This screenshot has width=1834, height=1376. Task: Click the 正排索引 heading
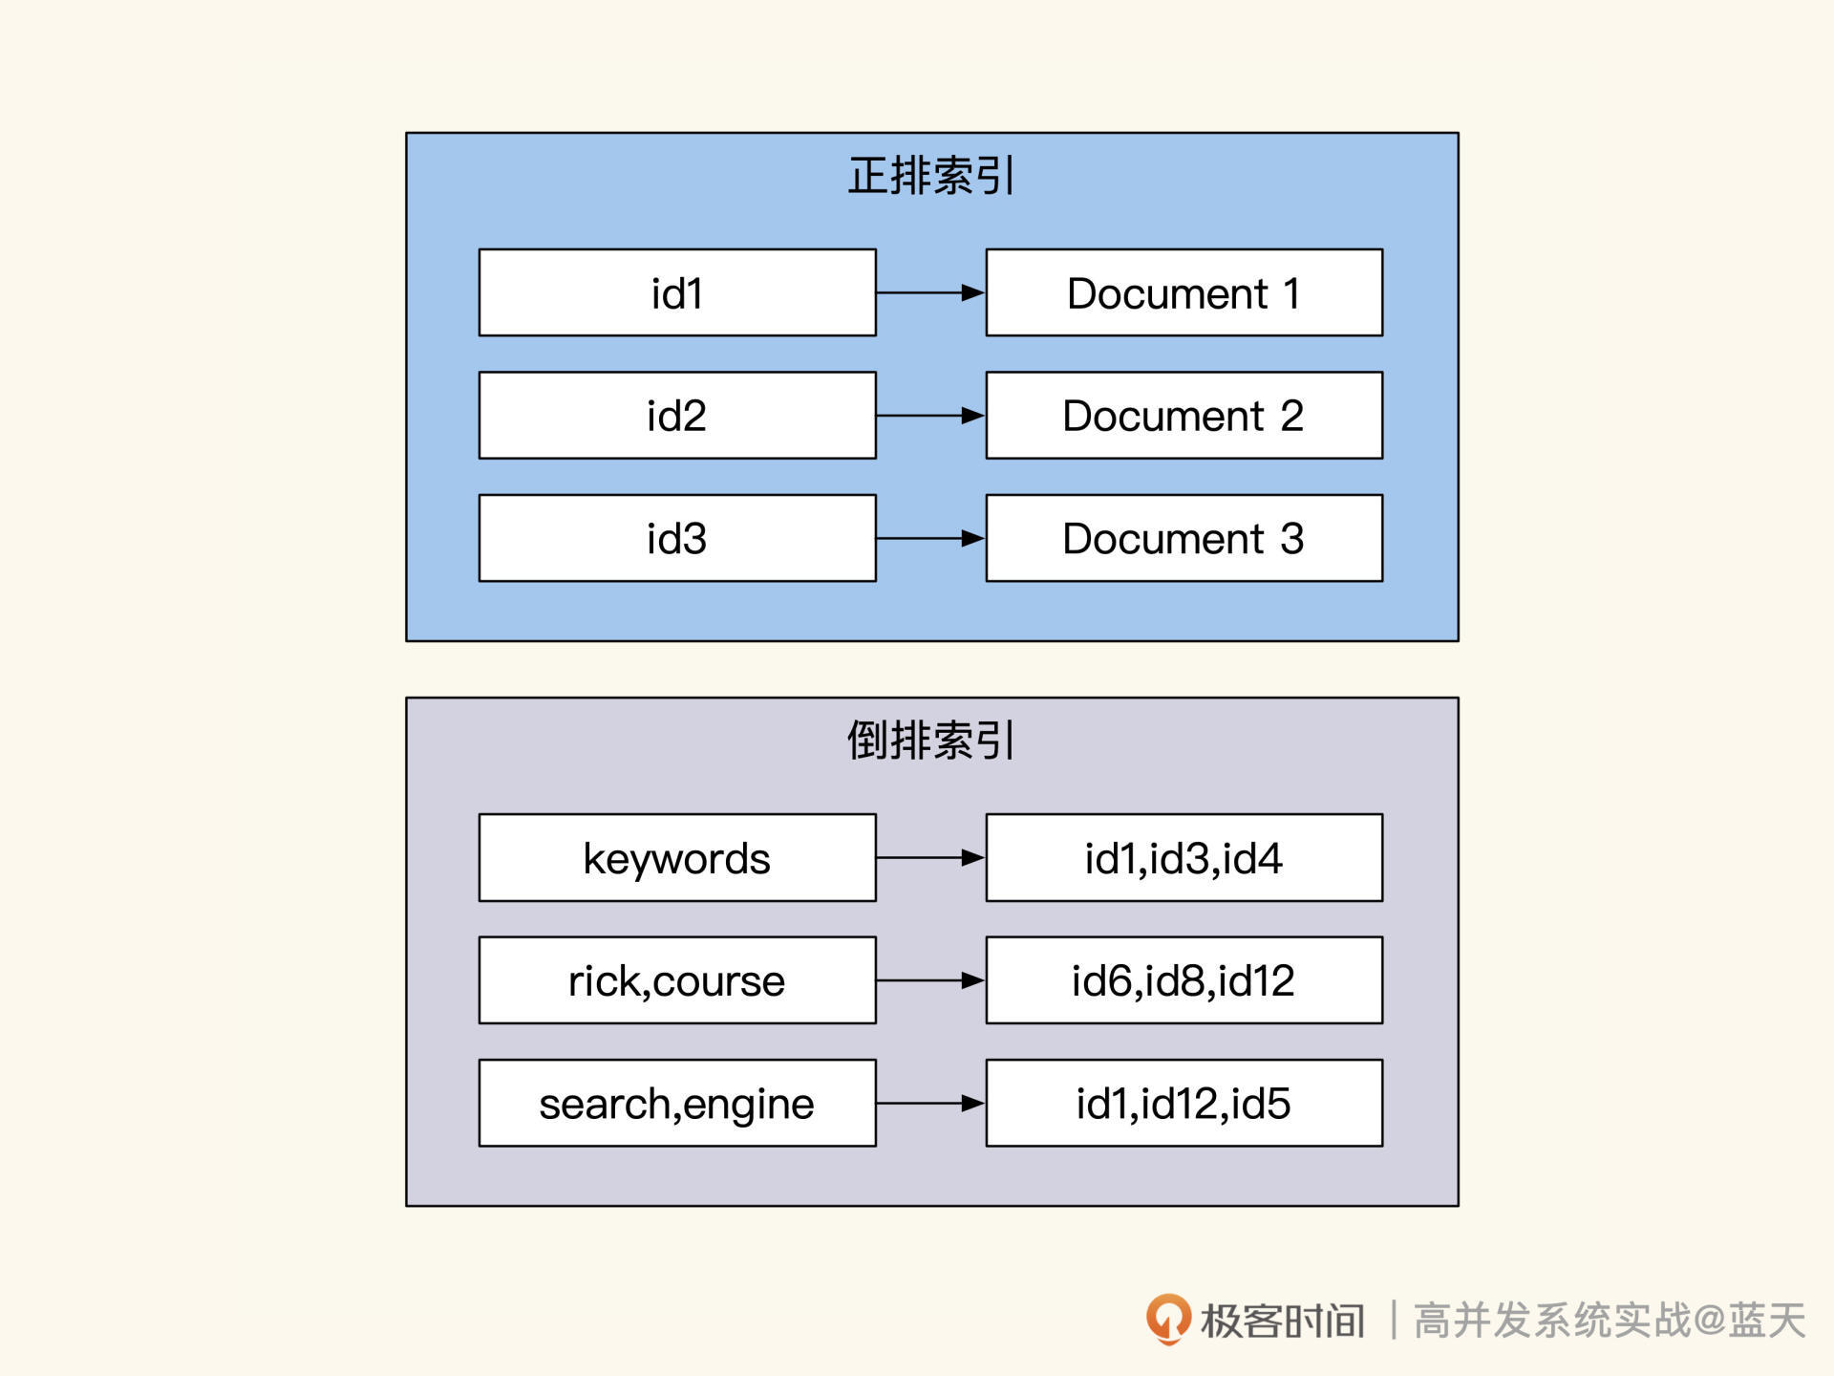[x=931, y=176]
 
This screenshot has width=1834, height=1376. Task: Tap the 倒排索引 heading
[x=931, y=741]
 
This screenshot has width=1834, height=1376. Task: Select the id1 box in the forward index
[x=677, y=292]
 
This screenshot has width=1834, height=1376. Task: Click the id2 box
[x=677, y=416]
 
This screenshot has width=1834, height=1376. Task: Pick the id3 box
[x=677, y=538]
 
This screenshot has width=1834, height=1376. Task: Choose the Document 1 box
[x=1184, y=292]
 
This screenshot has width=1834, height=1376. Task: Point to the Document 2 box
[x=1184, y=416]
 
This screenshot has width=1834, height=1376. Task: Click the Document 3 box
[x=1184, y=538]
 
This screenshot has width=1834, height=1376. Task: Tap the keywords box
[x=677, y=858]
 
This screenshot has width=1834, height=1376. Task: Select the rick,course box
[x=677, y=980]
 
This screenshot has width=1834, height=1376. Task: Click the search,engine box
[x=677, y=1103]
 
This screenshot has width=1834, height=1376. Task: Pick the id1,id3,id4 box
[x=1184, y=858]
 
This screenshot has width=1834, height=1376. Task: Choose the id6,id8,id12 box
[x=1184, y=980]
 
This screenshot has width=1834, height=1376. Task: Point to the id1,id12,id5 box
[x=1184, y=1103]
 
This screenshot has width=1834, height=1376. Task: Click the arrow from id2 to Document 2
[x=930, y=416]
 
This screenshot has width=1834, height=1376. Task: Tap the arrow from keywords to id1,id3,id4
[x=930, y=858]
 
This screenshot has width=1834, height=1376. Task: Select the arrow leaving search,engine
[x=930, y=1103]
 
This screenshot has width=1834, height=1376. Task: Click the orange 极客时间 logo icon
[x=1168, y=1319]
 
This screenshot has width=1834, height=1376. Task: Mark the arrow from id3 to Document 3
[x=930, y=538]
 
